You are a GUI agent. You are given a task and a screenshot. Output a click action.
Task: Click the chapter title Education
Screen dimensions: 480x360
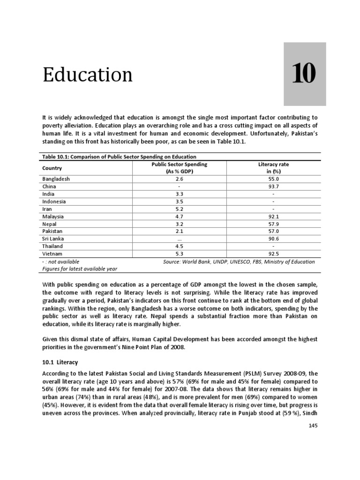click(x=88, y=75)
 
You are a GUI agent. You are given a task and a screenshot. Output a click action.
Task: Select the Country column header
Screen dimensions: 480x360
click(x=52, y=168)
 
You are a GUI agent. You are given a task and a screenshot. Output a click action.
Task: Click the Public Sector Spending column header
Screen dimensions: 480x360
click(x=180, y=168)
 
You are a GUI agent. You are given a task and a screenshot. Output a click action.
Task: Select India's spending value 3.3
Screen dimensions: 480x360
click(x=180, y=194)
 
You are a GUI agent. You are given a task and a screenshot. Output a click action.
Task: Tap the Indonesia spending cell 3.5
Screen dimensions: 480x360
click(x=180, y=202)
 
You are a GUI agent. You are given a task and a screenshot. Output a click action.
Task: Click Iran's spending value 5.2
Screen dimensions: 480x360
click(x=180, y=209)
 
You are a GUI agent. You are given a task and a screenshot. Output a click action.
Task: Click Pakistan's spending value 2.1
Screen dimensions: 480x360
click(x=180, y=232)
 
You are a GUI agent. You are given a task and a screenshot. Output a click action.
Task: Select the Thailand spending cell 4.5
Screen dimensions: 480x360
click(x=180, y=246)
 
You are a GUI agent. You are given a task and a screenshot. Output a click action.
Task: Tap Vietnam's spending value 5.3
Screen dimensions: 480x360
click(x=180, y=254)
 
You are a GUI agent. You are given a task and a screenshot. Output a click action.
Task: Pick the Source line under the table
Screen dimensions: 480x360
click(x=239, y=262)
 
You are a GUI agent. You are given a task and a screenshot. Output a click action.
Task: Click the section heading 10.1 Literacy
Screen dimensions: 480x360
click(x=60, y=363)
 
